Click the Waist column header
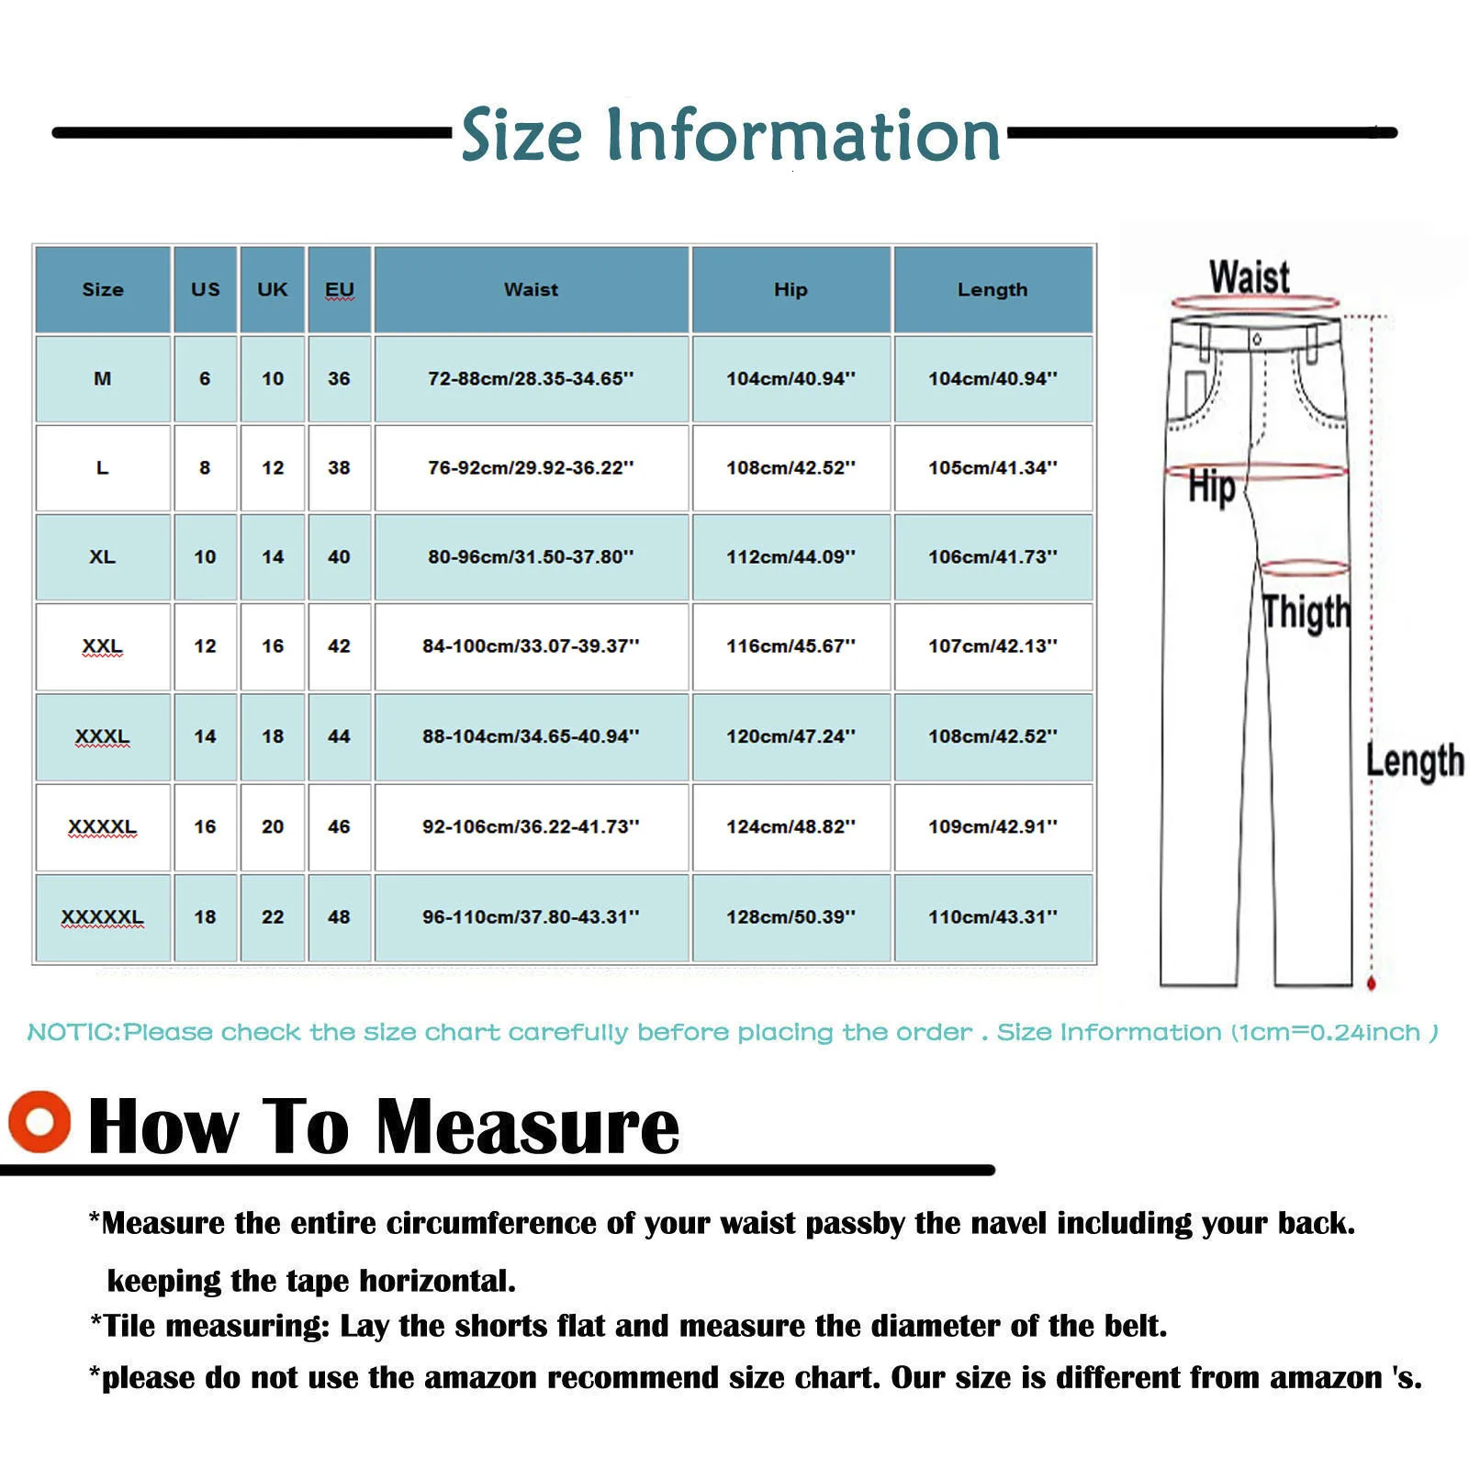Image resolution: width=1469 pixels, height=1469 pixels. [531, 289]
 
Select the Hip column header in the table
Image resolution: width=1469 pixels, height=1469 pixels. [791, 289]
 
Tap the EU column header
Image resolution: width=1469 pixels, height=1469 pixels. [339, 289]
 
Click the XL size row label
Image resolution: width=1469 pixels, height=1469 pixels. [102, 557]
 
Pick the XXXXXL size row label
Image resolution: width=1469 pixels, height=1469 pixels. [102, 917]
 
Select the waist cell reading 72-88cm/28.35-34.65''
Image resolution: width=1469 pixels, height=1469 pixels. [531, 378]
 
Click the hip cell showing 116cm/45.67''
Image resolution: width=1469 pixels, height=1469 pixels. [791, 646]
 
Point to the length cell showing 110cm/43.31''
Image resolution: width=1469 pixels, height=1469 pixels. [992, 917]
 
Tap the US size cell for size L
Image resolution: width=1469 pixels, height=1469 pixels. [205, 467]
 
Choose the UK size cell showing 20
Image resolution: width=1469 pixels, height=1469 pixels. [273, 826]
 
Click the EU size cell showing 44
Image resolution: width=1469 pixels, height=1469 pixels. [339, 736]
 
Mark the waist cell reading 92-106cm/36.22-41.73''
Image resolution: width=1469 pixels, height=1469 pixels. [531, 826]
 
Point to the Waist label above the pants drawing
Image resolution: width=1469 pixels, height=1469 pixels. [1249, 276]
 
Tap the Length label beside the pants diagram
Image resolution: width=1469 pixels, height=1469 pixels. [1414, 761]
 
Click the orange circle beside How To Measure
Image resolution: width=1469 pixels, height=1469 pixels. [39, 1121]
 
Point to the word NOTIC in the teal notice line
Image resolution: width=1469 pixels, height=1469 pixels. [73, 1033]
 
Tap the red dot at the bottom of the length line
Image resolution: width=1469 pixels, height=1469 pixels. [1372, 984]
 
